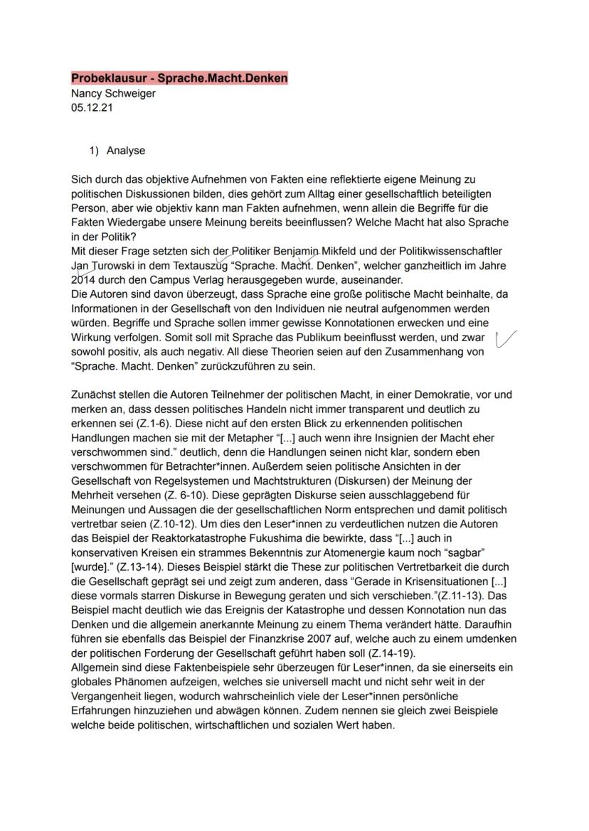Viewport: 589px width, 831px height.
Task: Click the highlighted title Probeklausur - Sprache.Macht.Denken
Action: click(x=179, y=78)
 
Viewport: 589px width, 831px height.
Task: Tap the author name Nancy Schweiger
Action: click(x=113, y=93)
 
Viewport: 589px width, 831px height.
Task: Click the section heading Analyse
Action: click(x=125, y=151)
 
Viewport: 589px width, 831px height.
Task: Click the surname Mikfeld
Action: click(x=344, y=251)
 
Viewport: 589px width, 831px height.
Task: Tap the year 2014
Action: click(x=83, y=280)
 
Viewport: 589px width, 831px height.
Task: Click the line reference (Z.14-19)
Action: click(x=393, y=653)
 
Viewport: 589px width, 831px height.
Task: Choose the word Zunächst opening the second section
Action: click(x=94, y=395)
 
